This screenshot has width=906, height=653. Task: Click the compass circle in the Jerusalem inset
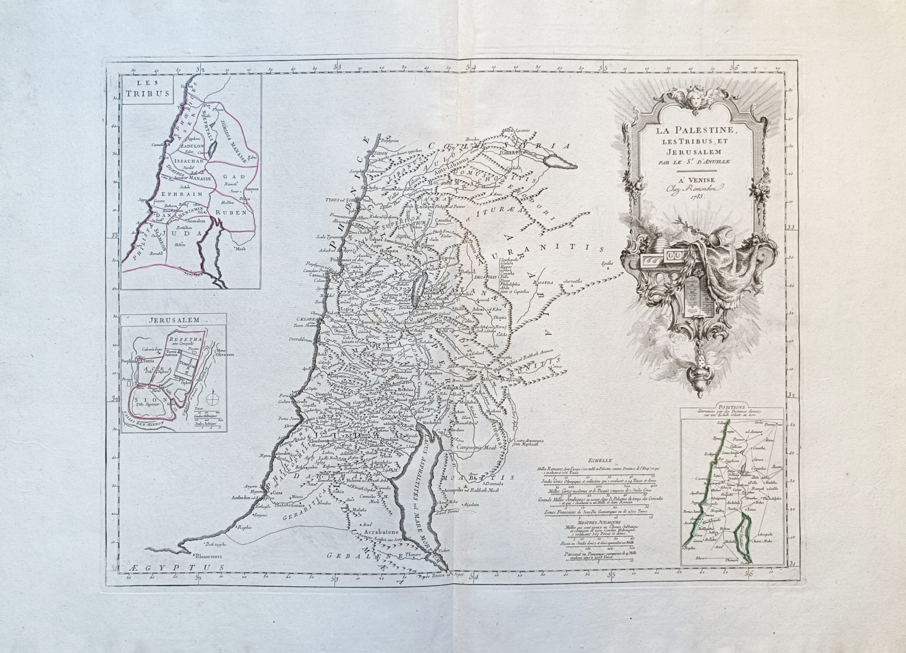coord(212,400)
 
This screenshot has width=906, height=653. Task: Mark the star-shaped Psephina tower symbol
coord(141,361)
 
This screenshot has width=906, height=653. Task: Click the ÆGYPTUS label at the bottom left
coord(186,567)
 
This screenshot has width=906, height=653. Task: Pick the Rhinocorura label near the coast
coord(210,556)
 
